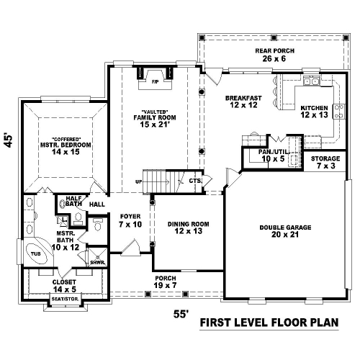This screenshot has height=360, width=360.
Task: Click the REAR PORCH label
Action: pos(274,51)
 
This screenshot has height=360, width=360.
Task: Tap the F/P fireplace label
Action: pos(155,82)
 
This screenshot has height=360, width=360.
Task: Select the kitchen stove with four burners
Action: pos(339,112)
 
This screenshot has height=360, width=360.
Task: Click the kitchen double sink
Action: pos(311,81)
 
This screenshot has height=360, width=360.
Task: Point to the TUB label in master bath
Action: pos(36,253)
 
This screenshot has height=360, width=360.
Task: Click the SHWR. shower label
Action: pos(98,263)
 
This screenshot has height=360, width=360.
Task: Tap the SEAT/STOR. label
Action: pos(66,300)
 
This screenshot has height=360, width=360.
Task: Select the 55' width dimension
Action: pos(181,314)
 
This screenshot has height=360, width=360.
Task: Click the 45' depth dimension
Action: pos(8,140)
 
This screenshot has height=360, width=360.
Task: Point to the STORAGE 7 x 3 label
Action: pos(325,162)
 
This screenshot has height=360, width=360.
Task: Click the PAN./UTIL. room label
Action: pos(274,152)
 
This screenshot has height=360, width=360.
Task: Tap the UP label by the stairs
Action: pos(139,181)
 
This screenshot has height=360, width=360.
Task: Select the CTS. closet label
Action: pos(195,181)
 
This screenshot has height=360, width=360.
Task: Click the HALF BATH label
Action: pos(73,201)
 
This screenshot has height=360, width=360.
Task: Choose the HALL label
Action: pos(97,204)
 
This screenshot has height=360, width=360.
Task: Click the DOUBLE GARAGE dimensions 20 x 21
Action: pos(285,235)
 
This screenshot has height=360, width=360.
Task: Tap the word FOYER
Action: pos(130,217)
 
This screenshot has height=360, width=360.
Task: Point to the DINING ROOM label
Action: pos(189,224)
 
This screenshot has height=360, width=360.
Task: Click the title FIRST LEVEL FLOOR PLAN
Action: pos(269,323)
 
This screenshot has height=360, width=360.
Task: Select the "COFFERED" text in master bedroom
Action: pos(66,139)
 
